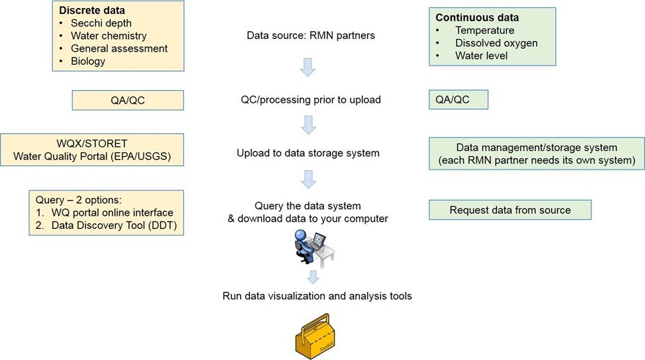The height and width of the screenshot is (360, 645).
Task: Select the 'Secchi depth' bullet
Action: (101, 23)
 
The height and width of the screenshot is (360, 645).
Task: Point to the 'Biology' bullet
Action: (89, 61)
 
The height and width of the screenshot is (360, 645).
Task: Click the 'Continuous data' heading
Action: (477, 18)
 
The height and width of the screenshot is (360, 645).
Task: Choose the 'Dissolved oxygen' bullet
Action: (496, 43)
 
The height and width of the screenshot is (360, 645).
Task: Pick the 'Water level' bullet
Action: (481, 56)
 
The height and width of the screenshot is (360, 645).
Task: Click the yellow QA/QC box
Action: (127, 101)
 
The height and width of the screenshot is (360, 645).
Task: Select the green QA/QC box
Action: (458, 100)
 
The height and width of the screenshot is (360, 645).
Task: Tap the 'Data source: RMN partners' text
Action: (311, 36)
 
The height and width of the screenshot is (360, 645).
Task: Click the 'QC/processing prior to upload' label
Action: (310, 101)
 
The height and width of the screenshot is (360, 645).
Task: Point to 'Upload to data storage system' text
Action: (308, 153)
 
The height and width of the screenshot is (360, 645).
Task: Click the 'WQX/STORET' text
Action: (93, 143)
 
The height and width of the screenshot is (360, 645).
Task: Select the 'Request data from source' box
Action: (509, 210)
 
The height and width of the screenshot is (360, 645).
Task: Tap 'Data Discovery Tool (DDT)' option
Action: (112, 226)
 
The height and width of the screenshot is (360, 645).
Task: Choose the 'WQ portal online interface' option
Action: (112, 213)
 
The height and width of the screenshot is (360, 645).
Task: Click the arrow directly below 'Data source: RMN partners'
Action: (309, 67)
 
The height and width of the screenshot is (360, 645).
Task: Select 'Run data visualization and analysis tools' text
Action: (317, 296)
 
